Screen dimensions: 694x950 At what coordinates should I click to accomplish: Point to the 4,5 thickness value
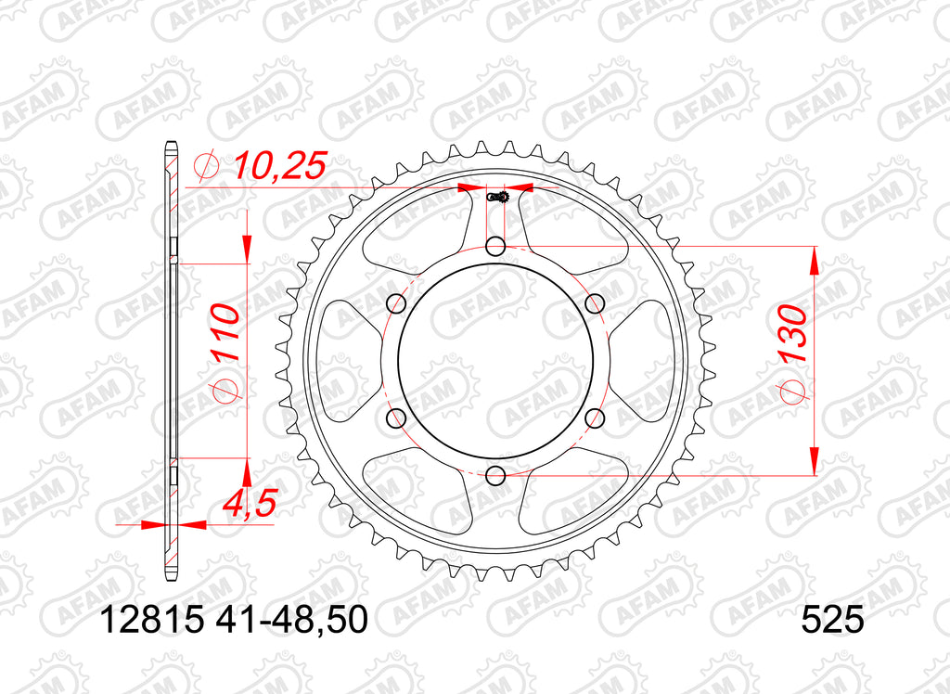248,504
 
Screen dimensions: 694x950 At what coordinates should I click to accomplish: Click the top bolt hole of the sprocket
496,246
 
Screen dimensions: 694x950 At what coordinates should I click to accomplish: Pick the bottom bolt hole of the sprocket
496,476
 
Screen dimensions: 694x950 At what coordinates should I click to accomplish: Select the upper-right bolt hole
596,303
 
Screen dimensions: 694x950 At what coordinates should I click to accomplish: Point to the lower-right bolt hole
596,418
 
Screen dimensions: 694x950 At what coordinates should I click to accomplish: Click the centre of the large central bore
496,361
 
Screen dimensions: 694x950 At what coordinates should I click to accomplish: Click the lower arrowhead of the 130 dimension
814,460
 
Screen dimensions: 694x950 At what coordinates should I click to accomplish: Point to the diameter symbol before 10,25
206,167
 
